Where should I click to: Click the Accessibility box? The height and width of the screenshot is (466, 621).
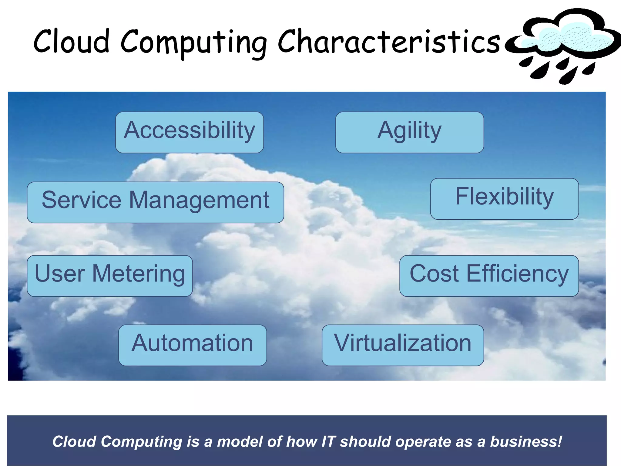190,132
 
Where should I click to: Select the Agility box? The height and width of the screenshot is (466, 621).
409,132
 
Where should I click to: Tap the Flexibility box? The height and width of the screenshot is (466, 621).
504,198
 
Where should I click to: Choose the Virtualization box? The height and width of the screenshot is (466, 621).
403,345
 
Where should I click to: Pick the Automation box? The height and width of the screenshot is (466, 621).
193,345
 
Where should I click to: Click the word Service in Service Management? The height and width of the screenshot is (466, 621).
82,200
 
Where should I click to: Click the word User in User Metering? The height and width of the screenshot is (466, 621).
60,274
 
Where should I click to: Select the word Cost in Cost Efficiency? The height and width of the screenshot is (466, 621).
434,274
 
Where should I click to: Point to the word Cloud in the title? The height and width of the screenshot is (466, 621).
72,41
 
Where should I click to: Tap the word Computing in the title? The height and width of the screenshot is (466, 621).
194,42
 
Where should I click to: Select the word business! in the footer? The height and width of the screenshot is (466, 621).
526,442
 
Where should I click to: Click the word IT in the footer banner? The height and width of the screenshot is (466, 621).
329,442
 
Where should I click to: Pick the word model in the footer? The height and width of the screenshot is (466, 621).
240,442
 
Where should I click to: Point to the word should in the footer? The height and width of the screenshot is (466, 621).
365,442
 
